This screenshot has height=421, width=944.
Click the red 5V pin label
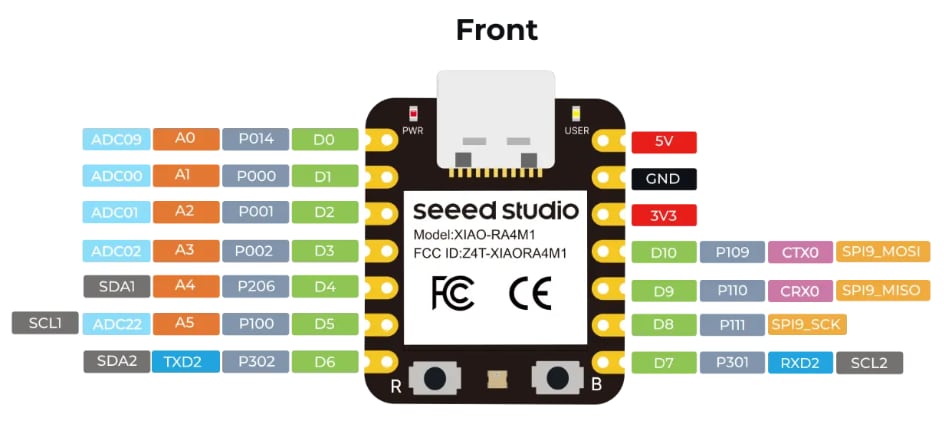tap(664, 141)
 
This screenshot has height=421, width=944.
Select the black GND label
tap(664, 178)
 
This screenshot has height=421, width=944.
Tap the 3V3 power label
tap(664, 215)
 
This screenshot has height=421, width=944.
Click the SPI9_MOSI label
tap(881, 252)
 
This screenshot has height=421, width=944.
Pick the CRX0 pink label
tap(799, 290)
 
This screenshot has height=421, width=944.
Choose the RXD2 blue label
tap(799, 362)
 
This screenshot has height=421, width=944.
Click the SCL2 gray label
tap(868, 362)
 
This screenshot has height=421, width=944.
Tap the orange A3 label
tap(184, 250)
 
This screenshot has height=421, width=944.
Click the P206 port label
tap(255, 287)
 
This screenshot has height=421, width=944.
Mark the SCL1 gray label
tap(45, 324)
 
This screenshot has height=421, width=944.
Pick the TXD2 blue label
tap(184, 361)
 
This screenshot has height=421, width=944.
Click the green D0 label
tap(324, 139)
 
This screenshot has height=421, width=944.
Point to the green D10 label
tap(664, 252)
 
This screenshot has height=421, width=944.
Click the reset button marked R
tap(436, 377)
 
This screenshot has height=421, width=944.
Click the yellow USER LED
tap(575, 113)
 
